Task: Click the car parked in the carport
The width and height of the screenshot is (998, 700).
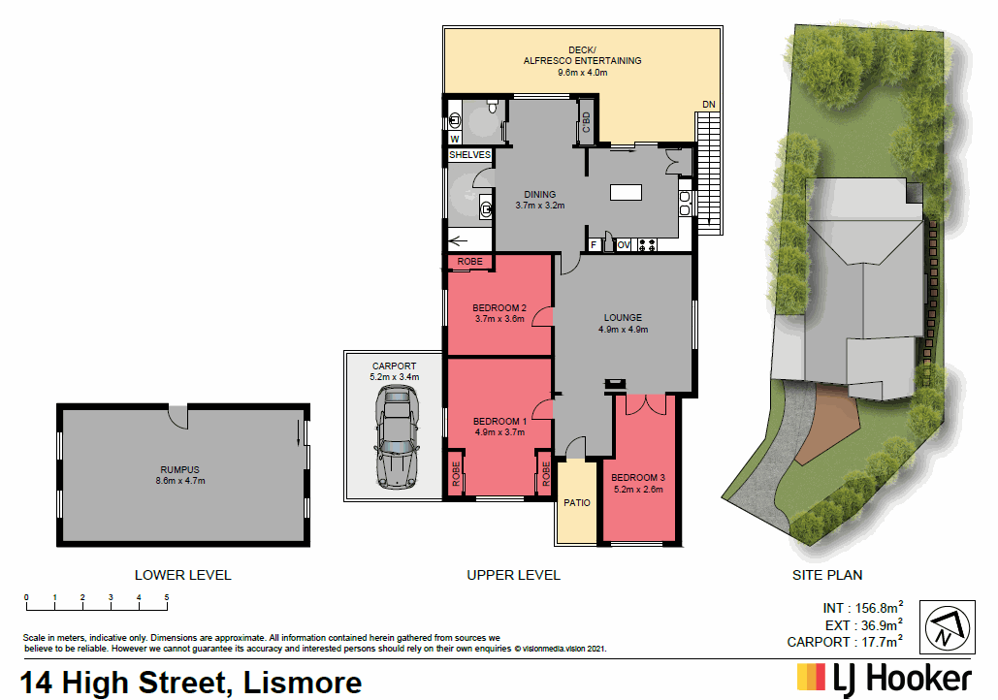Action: (395, 436)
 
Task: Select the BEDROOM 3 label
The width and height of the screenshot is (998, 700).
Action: (637, 477)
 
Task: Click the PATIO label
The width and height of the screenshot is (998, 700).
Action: (577, 503)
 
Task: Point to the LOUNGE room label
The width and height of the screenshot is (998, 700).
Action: (623, 317)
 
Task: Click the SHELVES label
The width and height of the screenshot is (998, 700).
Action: (469, 155)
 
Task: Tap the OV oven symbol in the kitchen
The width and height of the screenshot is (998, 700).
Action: (624, 245)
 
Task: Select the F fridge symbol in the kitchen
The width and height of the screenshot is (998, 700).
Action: (594, 245)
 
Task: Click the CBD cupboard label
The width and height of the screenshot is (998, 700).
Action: (586, 122)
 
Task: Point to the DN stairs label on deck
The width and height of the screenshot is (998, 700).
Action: (709, 105)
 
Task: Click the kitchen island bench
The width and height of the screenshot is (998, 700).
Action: (626, 192)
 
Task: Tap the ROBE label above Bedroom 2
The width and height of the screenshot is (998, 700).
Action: (469, 262)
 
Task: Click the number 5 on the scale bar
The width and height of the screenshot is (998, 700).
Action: (167, 596)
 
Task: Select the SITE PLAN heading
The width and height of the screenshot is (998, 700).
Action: (827, 575)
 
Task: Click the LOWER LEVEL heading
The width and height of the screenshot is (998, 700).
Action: (182, 575)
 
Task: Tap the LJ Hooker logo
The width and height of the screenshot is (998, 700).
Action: (884, 678)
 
